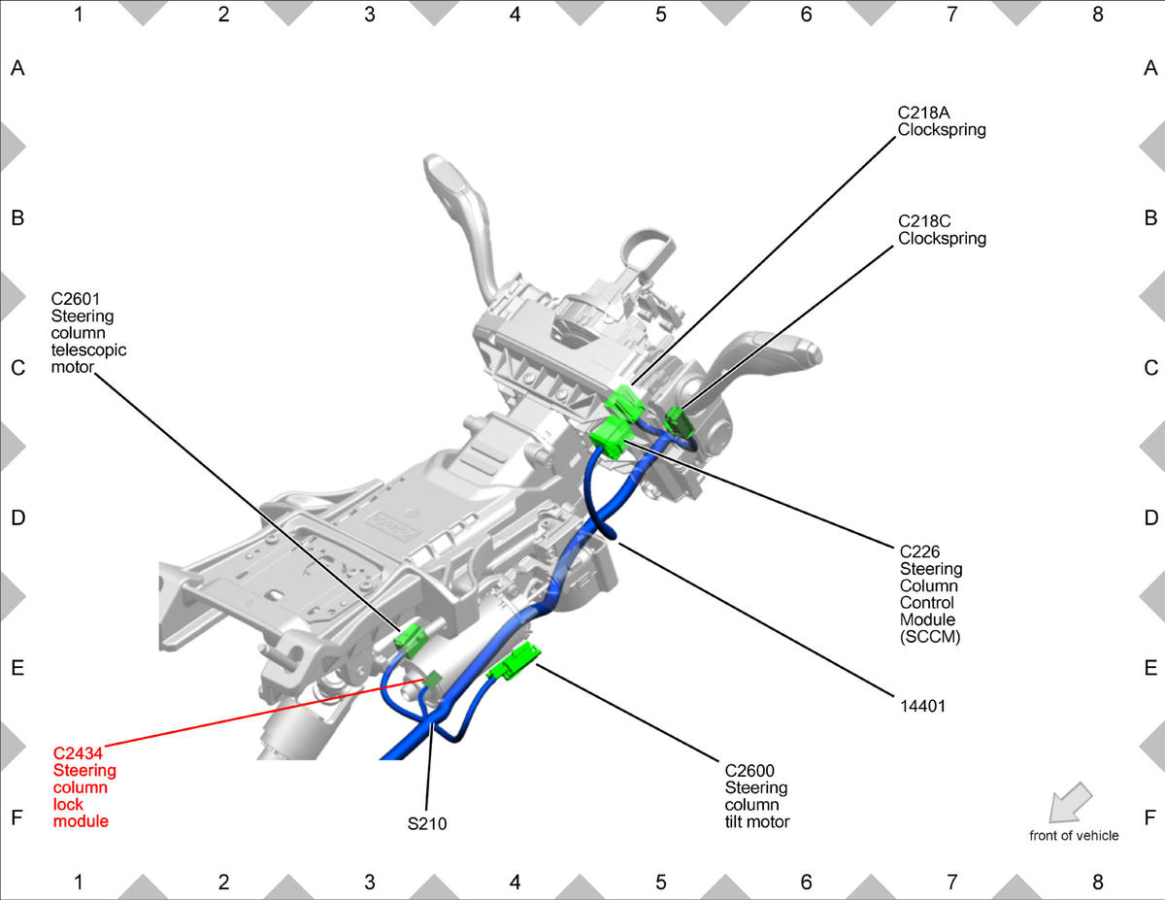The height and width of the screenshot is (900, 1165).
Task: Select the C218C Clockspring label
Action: click(x=941, y=229)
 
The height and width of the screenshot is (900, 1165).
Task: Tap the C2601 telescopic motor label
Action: click(x=88, y=333)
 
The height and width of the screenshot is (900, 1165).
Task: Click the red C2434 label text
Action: click(x=84, y=786)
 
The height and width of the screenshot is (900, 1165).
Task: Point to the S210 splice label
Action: click(x=427, y=823)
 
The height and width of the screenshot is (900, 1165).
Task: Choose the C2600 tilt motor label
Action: click(x=757, y=795)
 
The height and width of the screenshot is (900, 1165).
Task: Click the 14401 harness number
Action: click(x=922, y=707)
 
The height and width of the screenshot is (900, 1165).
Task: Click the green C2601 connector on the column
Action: click(x=412, y=638)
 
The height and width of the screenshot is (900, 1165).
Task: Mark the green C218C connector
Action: click(x=679, y=420)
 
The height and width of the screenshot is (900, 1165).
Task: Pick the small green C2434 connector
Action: click(x=433, y=679)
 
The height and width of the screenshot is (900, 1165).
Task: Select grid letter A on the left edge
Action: click(x=17, y=68)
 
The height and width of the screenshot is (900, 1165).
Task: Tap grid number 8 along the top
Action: click(x=1098, y=15)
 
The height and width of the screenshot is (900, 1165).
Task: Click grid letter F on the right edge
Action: click(x=1150, y=817)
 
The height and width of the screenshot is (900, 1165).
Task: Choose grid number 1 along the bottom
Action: click(x=79, y=883)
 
